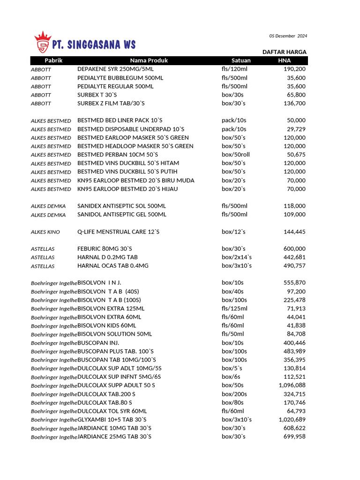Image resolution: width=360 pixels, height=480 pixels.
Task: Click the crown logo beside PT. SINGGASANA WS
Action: [43, 42]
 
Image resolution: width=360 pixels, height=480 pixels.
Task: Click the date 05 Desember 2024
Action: [288, 36]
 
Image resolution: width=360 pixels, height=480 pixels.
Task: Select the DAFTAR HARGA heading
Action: [284, 52]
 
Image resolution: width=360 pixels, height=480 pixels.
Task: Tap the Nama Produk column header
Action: [149, 60]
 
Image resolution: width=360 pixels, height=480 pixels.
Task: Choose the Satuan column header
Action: [241, 60]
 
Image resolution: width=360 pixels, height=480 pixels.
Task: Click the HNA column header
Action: [284, 60]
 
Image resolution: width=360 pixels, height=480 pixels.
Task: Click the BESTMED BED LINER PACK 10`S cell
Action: [120, 120]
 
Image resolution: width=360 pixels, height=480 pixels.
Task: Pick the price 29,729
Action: [296, 129]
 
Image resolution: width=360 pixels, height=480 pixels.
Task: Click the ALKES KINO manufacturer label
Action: [45, 232]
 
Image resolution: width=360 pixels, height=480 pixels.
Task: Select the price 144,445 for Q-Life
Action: [294, 232]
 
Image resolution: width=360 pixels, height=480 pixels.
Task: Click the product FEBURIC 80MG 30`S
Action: [105, 249]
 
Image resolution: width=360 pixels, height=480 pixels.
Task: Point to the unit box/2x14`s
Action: [237, 257]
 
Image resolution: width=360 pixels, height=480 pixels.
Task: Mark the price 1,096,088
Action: [292, 385]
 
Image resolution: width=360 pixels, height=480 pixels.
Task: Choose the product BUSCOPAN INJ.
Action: [98, 343]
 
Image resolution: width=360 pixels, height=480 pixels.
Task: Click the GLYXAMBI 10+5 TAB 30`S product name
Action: [112, 420]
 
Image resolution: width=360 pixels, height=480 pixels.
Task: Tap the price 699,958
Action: [294, 437]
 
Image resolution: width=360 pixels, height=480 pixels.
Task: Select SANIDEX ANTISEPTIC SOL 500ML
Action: [122, 206]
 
